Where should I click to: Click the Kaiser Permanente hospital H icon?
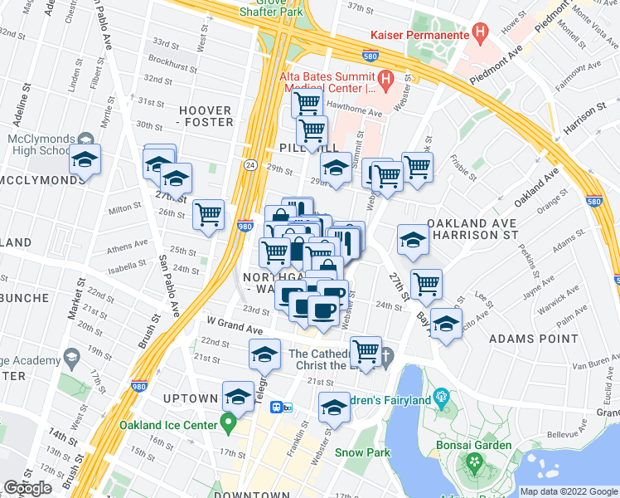click(479, 32)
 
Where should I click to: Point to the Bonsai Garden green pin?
click(475, 462)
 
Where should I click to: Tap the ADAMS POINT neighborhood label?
click(534, 339)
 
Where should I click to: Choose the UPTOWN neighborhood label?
click(191, 398)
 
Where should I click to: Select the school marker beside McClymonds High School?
click(85, 159)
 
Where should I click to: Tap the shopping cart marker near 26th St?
click(209, 215)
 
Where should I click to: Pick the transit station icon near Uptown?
click(280, 407)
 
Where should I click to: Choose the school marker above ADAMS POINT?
click(446, 325)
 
